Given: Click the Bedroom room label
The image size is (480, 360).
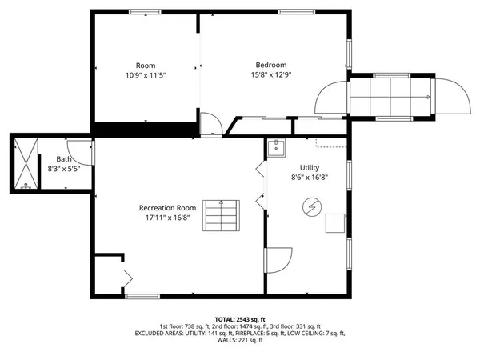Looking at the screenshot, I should coord(270,65).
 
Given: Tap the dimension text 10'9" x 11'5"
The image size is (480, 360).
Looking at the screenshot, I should coord(146,75).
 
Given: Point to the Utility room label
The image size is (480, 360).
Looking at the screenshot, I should coord(309,167).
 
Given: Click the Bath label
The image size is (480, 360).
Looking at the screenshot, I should coord(63,159).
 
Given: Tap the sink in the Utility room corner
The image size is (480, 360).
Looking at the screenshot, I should coord(276,147).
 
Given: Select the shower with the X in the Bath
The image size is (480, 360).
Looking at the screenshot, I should coord(27,164).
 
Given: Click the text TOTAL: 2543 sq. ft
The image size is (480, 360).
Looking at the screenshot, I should coord(240,318).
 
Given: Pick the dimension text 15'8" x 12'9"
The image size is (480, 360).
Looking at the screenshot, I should coord(270,75).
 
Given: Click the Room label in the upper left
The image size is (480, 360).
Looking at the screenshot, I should coord(146,65).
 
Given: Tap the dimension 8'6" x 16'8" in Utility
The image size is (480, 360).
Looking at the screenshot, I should coord(309,177).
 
